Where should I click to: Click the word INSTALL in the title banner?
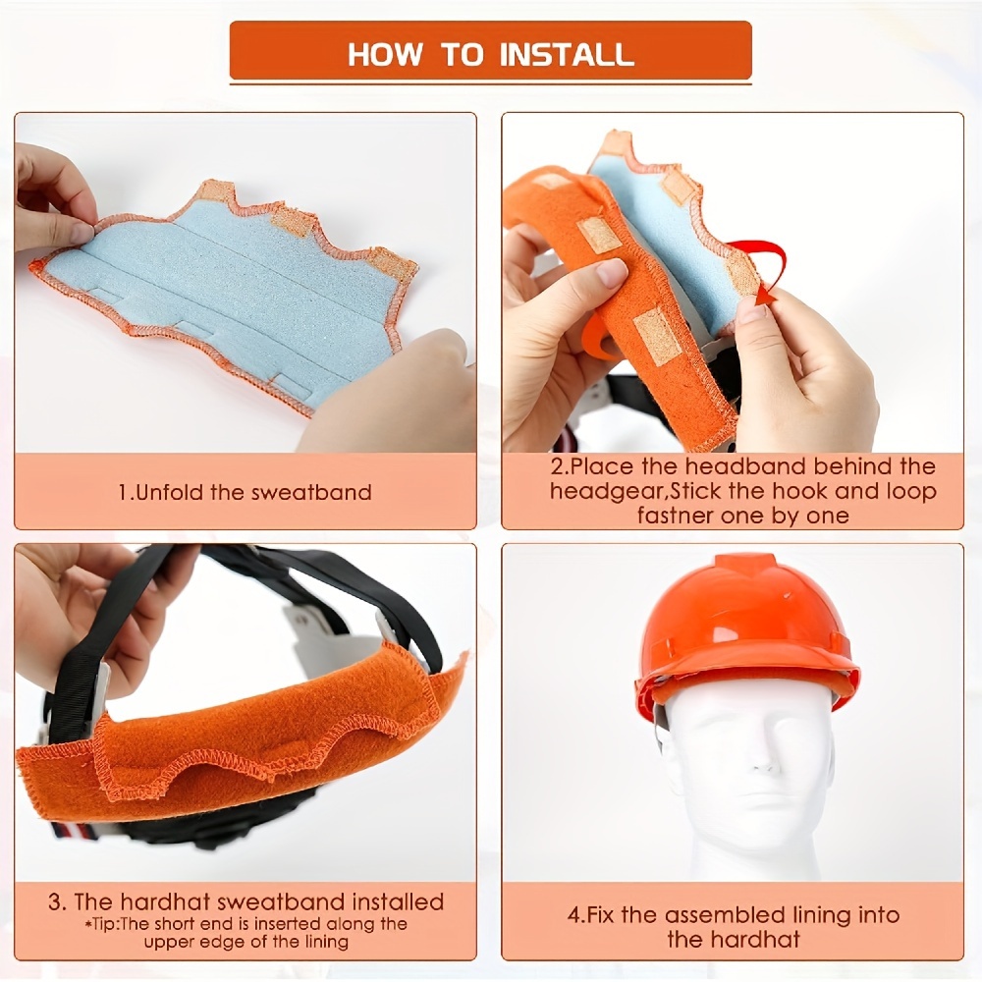pos(567,53)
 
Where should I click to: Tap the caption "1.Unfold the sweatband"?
pos(245,492)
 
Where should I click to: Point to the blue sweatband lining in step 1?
pos(226,285)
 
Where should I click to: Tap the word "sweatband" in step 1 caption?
pos(316,492)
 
